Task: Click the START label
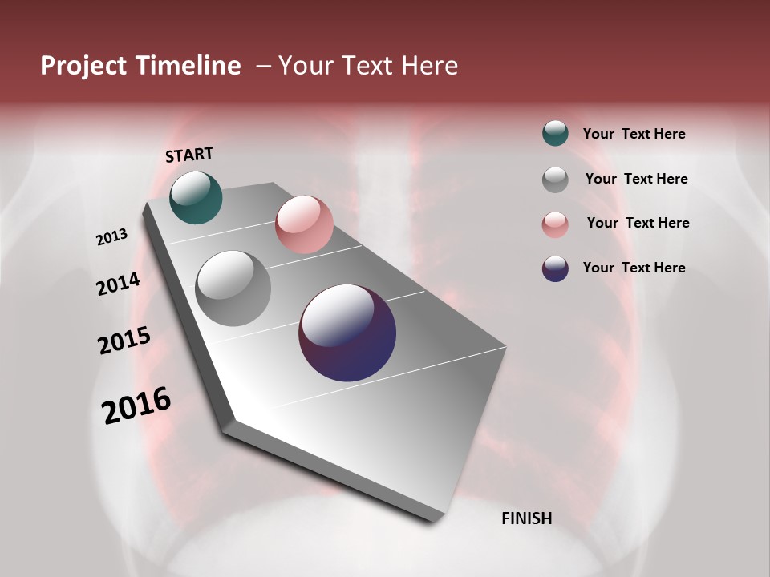[189, 155]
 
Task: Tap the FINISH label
[527, 518]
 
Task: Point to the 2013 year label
[111, 237]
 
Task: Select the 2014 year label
[118, 284]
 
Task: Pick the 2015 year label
[124, 341]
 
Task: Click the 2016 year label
[136, 405]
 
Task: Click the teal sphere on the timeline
[196, 197]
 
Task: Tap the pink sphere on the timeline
[304, 224]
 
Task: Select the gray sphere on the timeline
[233, 288]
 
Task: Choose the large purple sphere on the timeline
[347, 333]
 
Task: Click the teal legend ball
[555, 134]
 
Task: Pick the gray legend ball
[555, 180]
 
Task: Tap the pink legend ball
[555, 224]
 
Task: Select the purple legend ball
[555, 268]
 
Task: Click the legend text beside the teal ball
[634, 135]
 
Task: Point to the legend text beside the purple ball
[634, 268]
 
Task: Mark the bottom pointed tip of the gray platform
[437, 519]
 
